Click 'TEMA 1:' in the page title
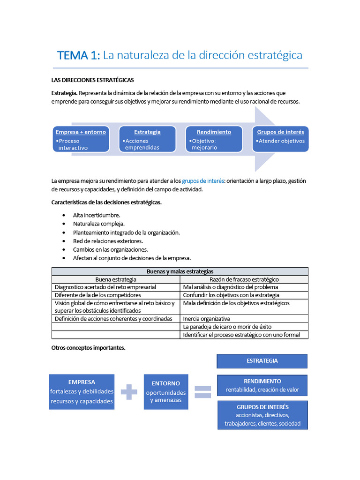pos(78,55)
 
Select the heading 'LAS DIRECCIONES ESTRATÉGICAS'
pos(92,80)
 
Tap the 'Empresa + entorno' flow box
pos(81,139)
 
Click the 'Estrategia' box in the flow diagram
pos(147,139)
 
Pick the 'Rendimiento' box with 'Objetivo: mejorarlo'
pos(214,139)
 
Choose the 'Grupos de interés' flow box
pos(280,139)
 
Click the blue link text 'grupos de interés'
pos(203,181)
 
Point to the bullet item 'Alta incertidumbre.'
pos(97,215)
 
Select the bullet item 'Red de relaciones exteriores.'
pos(108,241)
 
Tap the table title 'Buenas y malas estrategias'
pos(180,271)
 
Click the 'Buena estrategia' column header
pos(116,279)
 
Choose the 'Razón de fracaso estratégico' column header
pos(244,279)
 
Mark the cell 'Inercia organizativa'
pos(207,319)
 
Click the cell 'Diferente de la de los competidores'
pos(98,295)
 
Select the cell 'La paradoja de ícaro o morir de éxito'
pos(227,327)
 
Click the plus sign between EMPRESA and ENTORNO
pos(129,392)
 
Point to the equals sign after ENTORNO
pos(202,392)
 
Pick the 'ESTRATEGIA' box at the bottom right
pos(262,361)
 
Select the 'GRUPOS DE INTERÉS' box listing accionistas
pos(262,415)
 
